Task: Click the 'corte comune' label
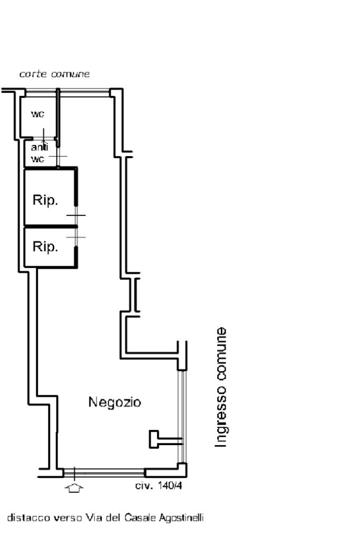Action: coord(54,74)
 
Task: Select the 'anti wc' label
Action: coord(39,153)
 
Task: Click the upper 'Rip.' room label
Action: coord(45,201)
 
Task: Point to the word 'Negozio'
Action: coord(114,403)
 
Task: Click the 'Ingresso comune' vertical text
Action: coord(222,387)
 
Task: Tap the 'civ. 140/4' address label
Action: coord(159,486)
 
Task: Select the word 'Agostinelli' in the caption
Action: coord(182,518)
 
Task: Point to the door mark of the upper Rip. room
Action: coord(76,215)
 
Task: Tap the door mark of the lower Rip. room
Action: coord(76,238)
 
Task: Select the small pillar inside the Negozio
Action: coord(154,439)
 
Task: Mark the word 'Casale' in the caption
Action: coord(140,518)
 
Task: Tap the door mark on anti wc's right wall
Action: coord(59,157)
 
